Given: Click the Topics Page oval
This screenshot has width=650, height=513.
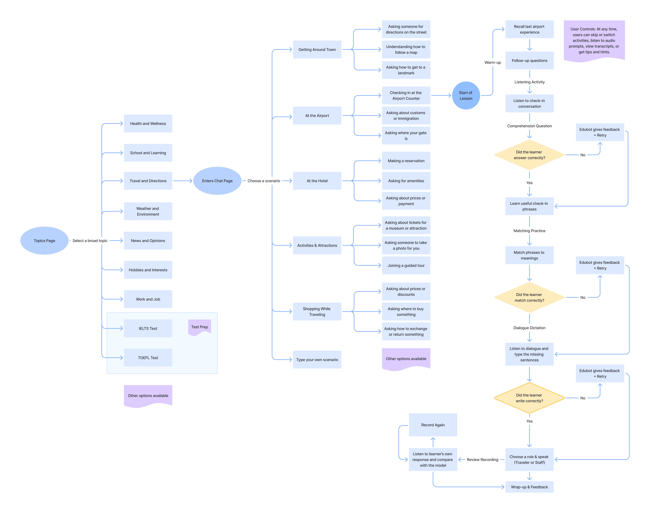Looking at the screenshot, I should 44,241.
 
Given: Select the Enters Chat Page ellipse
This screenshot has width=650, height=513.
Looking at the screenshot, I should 217,181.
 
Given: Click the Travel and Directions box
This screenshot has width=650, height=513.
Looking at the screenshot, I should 148,181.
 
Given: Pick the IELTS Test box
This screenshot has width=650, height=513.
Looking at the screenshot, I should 148,328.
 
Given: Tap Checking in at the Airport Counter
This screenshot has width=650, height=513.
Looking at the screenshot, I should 406,96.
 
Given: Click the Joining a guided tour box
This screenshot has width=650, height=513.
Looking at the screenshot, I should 406,265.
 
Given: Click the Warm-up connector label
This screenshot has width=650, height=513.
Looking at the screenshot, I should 493,62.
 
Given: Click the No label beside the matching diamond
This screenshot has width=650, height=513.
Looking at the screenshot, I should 583,297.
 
